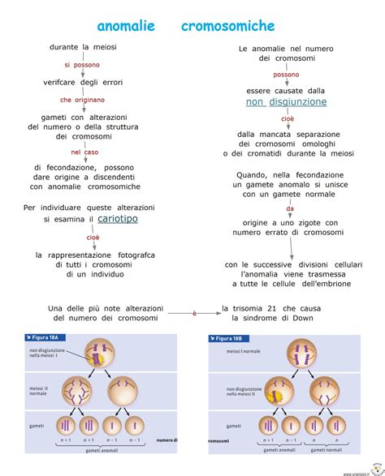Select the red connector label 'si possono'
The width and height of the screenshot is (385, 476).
[x=82, y=64]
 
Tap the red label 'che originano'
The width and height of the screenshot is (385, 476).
[x=82, y=100]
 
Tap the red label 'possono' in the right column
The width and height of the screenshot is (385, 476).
[x=286, y=75]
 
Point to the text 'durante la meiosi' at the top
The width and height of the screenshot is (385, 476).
[x=83, y=47]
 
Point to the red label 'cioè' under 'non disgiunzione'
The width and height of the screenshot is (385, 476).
[x=288, y=118]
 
